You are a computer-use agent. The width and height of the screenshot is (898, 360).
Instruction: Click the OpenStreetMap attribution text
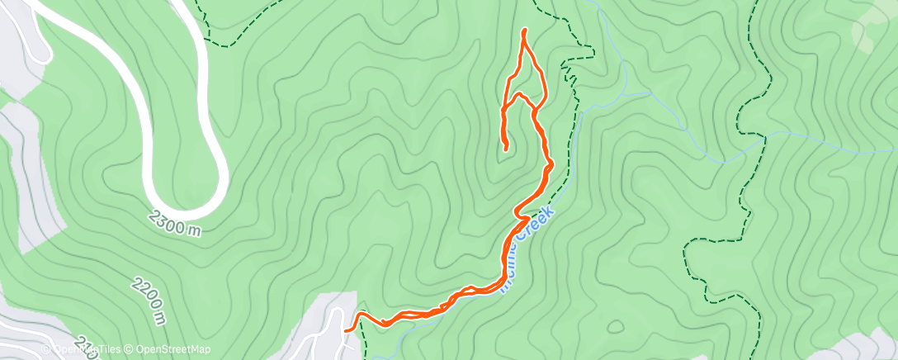pyautogui.click(x=169, y=350)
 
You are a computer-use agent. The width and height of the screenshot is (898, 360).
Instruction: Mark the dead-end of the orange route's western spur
pyautogui.click(x=506, y=149)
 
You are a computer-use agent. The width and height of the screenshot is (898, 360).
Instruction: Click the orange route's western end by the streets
pyautogui.click(x=346, y=329)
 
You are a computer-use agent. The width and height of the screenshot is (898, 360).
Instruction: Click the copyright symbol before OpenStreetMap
pyautogui.click(x=129, y=350)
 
